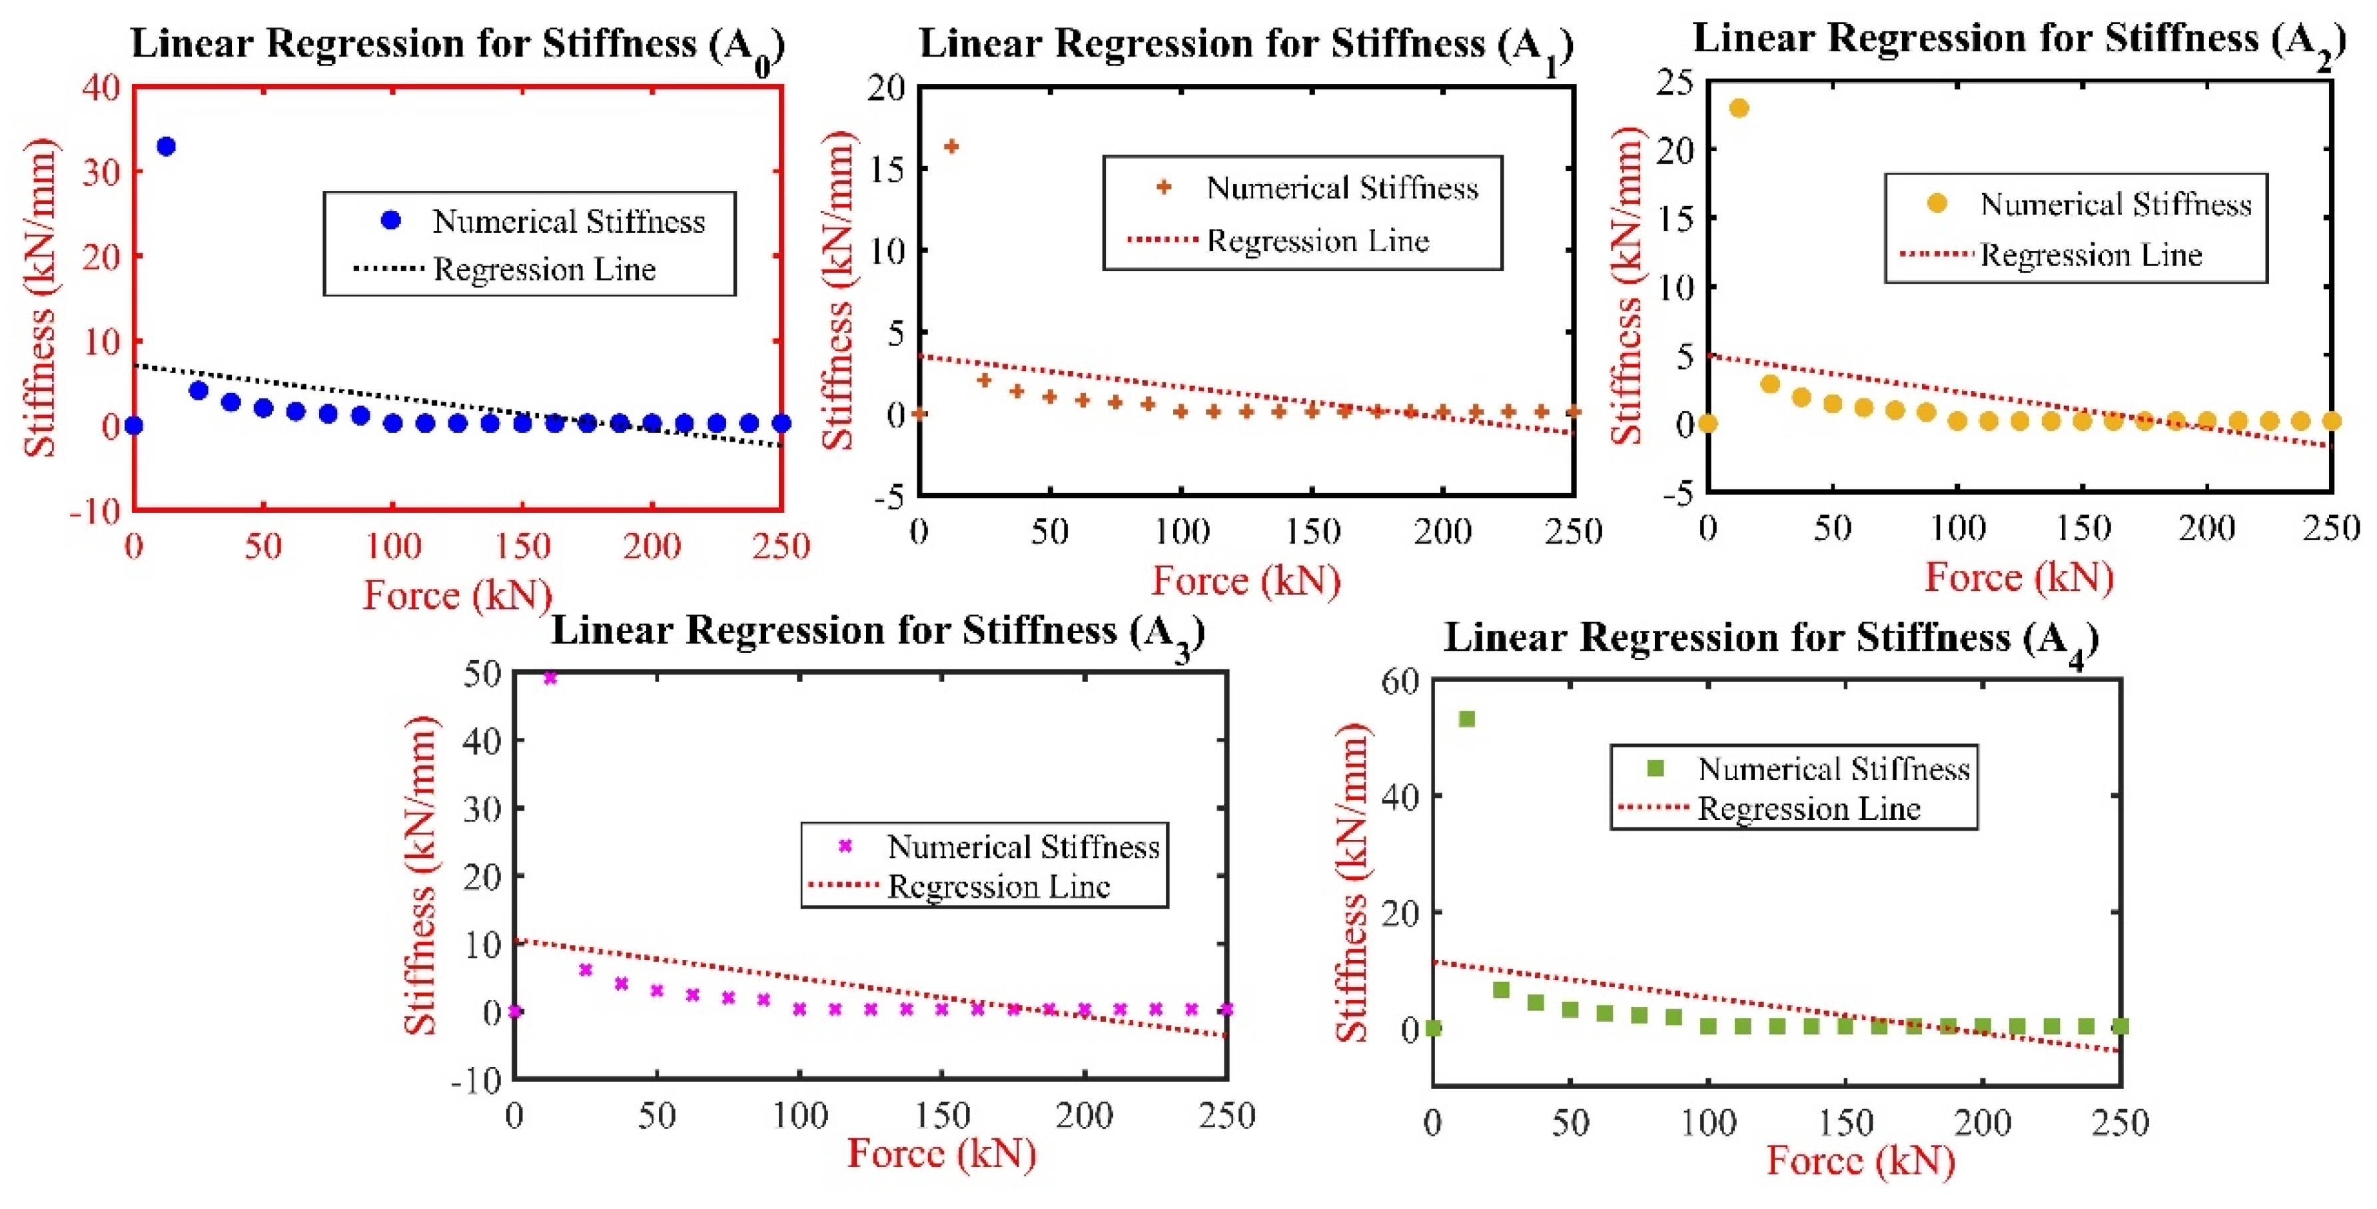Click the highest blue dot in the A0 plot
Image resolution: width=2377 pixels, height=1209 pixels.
166,146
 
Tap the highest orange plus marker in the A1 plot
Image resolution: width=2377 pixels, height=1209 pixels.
951,146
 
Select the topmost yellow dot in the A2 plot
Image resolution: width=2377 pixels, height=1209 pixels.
1739,108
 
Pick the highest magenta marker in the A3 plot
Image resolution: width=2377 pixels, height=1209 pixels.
550,678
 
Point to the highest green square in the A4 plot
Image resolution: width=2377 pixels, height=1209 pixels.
1466,718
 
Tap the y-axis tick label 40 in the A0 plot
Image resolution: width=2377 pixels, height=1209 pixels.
101,88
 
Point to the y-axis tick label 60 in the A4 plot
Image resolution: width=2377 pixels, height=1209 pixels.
1400,681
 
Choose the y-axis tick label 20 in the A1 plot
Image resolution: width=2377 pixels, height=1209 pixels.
887,88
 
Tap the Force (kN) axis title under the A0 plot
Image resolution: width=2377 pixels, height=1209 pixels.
458,596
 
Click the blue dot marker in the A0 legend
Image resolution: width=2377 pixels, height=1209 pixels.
391,220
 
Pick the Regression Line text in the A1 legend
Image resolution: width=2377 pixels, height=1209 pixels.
1318,242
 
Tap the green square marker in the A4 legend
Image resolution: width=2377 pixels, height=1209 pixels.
1656,768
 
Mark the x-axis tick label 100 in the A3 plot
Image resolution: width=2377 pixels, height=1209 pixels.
799,1116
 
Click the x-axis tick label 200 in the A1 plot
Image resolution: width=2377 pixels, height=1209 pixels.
1442,532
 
